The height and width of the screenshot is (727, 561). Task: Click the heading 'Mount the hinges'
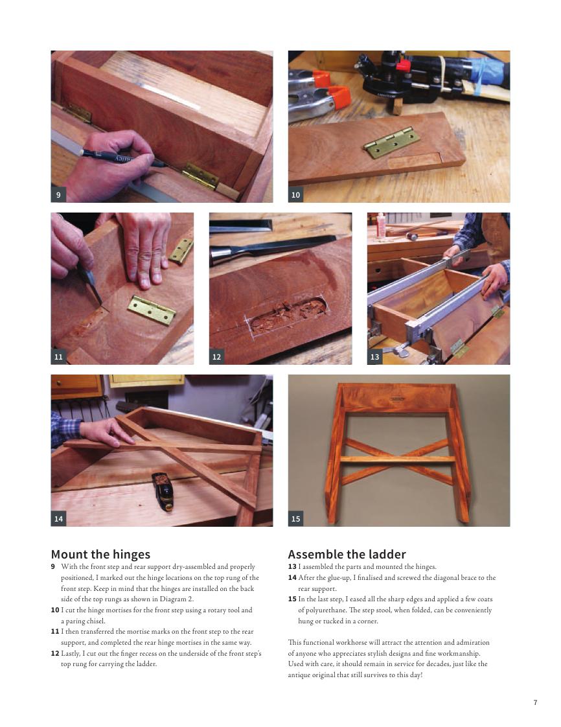[x=100, y=554]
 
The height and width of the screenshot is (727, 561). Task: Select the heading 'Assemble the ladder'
[x=347, y=554]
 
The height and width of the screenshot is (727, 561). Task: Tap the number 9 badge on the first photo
[x=58, y=195]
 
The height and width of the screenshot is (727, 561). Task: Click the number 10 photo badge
[x=296, y=195]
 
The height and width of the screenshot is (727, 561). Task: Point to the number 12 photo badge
[x=216, y=356]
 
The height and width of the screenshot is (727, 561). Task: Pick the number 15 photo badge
[x=296, y=519]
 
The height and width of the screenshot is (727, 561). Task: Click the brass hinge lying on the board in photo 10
[x=391, y=143]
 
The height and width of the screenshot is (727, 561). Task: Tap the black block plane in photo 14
[x=163, y=491]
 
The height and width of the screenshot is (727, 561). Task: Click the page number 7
[x=535, y=702]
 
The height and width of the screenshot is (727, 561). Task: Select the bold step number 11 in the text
[x=54, y=632]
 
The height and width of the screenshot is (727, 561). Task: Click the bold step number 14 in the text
[x=292, y=578]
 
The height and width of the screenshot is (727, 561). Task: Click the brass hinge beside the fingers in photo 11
[x=152, y=310]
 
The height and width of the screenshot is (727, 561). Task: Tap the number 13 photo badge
[x=374, y=356]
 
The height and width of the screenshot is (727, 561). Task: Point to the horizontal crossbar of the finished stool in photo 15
[x=398, y=459]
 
